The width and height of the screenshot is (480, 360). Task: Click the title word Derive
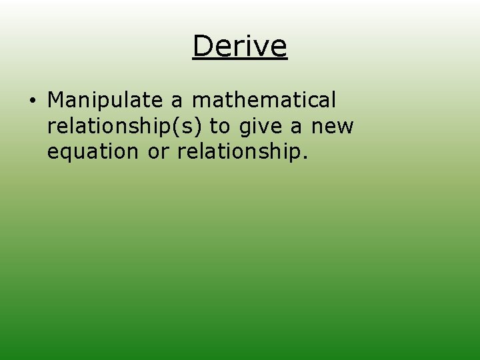point(239,46)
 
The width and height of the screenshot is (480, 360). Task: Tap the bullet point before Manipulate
point(32,101)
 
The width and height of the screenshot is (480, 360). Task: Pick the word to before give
point(219,126)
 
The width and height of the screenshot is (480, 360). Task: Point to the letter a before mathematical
point(177,101)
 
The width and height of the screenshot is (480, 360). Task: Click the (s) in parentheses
point(189,126)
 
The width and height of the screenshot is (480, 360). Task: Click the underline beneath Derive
point(239,61)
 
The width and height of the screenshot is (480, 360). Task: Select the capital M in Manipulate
point(57,100)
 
